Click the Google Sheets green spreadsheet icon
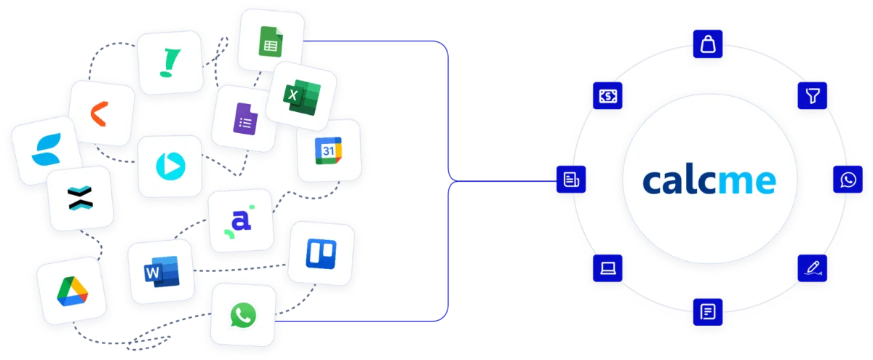pyautogui.click(x=271, y=41)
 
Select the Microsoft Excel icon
pyautogui.click(x=302, y=97)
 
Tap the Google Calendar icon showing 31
pyautogui.click(x=329, y=151)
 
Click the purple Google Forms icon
pyautogui.click(x=246, y=119)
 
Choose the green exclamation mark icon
pyautogui.click(x=170, y=63)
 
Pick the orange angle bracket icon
pyautogui.click(x=99, y=113)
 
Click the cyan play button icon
pyautogui.click(x=170, y=167)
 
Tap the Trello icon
pyautogui.click(x=321, y=254)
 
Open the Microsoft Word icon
pyautogui.click(x=162, y=271)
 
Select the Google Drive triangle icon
pyautogui.click(x=73, y=291)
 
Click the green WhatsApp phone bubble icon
pyautogui.click(x=243, y=315)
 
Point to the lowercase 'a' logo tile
pyautogui.click(x=241, y=220)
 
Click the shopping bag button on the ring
pyautogui.click(x=708, y=44)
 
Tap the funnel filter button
pyautogui.click(x=812, y=95)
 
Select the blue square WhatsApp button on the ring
pyautogui.click(x=848, y=179)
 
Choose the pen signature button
pyautogui.click(x=812, y=268)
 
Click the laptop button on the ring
pyautogui.click(x=607, y=268)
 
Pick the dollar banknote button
pyautogui.click(x=607, y=95)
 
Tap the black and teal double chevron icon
pyautogui.click(x=80, y=199)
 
